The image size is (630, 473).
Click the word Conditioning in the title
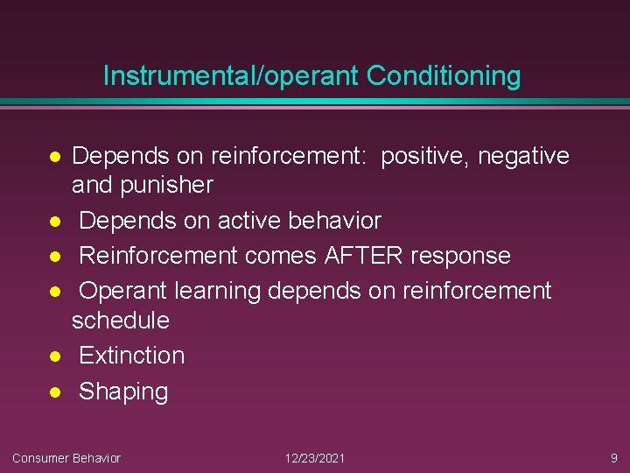click(444, 76)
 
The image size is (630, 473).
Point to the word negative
click(523, 157)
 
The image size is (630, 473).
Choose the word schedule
click(121, 320)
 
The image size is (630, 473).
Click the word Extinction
click(132, 356)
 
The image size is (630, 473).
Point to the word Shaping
click(123, 392)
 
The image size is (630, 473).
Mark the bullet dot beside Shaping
click(53, 392)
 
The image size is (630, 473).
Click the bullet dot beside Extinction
click(53, 356)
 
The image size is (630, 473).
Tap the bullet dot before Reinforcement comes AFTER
click(53, 256)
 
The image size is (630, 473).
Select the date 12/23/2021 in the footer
click(315, 458)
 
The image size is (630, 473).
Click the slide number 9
click(613, 458)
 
